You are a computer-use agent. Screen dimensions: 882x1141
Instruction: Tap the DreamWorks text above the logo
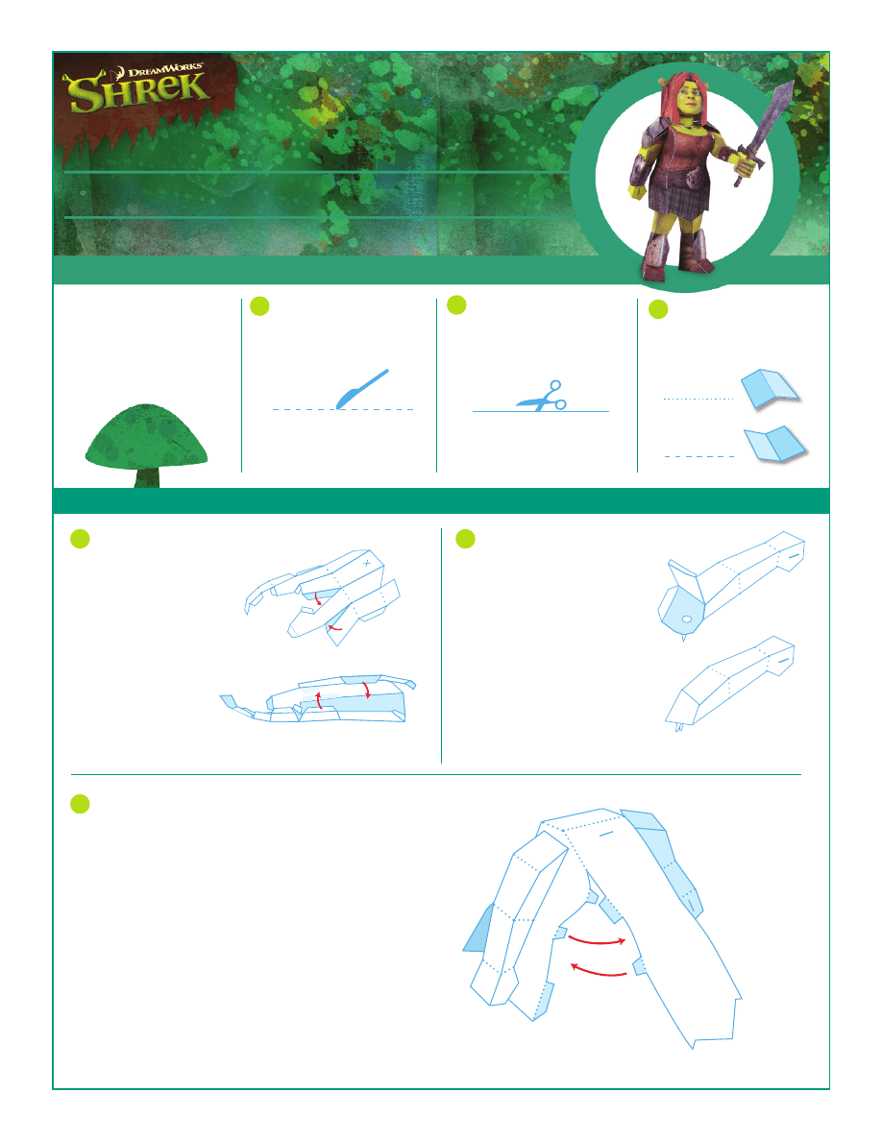166,71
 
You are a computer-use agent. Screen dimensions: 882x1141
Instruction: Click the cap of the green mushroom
146,436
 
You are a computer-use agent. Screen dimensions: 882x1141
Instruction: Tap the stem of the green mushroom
147,477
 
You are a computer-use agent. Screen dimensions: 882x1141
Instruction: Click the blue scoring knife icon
361,388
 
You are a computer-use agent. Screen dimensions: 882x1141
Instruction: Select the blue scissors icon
542,396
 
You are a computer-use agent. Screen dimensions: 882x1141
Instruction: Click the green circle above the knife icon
259,306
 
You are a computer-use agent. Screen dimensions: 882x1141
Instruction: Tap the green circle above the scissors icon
456,304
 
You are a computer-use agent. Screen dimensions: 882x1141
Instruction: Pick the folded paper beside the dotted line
770,389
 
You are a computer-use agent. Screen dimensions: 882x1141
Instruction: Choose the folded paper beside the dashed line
775,443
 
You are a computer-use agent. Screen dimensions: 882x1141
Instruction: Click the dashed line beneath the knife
343,410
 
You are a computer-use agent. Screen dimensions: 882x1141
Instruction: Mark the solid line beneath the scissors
541,412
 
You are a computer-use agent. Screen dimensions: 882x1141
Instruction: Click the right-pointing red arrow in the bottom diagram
597,941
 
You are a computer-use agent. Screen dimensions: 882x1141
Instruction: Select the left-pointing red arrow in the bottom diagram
599,971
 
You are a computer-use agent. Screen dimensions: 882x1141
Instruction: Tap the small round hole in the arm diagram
686,620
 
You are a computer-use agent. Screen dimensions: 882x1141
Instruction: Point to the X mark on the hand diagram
367,563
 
